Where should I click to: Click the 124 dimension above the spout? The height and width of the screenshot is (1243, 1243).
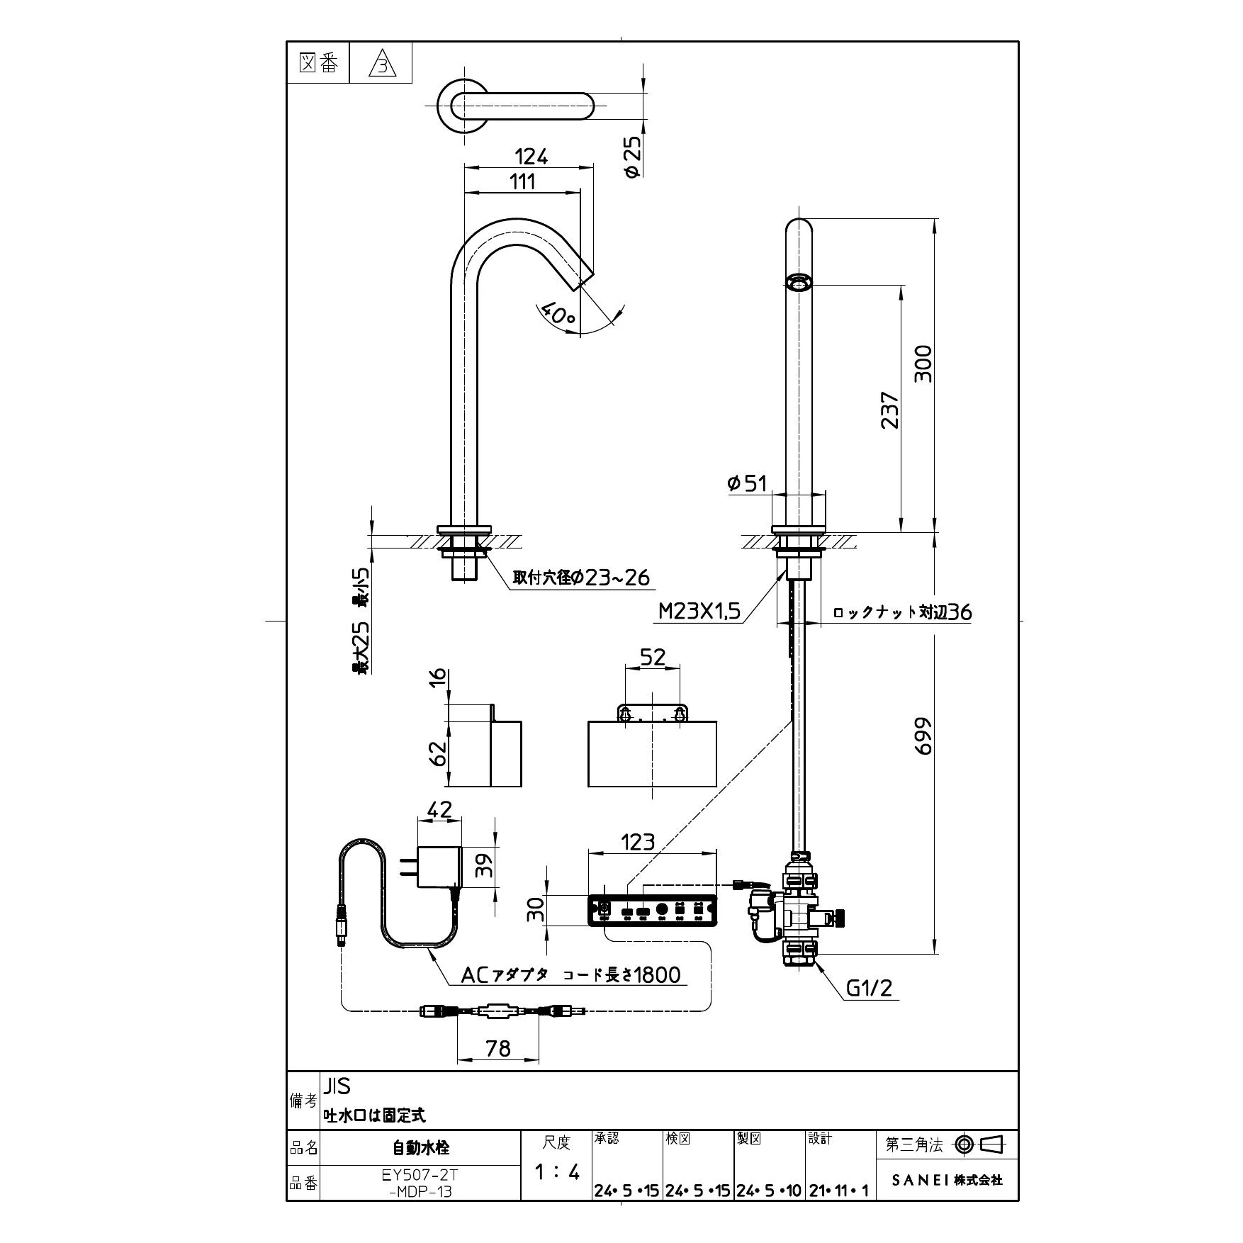pos(531,157)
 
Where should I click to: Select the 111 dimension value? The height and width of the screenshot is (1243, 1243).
pos(522,181)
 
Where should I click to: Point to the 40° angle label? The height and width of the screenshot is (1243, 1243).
pos(558,315)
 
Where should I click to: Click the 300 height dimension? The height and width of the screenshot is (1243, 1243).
pos(923,364)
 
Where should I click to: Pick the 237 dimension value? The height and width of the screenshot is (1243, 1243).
pos(889,410)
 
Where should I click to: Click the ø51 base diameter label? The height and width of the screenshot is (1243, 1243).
pos(748,483)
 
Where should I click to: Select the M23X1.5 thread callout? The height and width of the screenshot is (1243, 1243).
pos(699,612)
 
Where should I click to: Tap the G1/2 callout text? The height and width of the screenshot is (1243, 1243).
pos(870,988)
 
